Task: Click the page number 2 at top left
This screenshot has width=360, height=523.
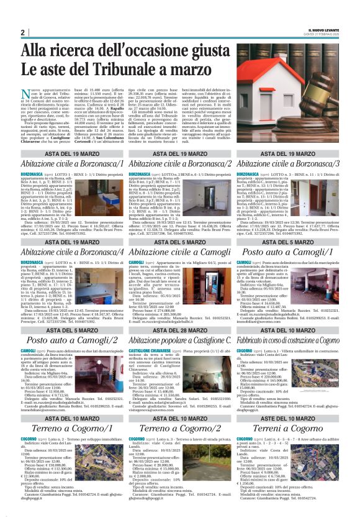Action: click(23, 32)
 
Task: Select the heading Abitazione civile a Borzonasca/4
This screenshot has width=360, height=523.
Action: click(73, 252)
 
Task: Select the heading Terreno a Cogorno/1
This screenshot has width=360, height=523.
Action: click(73, 428)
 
